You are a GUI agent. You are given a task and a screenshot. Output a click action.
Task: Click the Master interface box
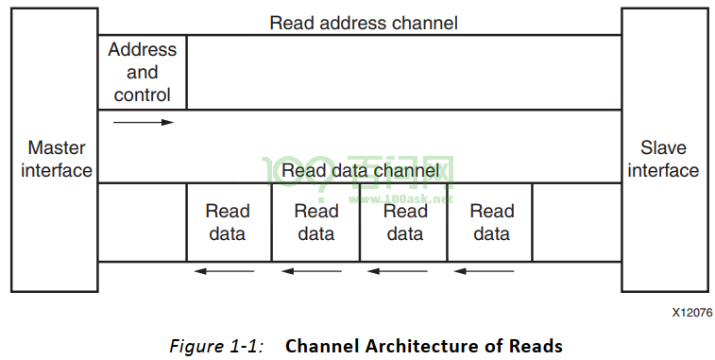(55, 149)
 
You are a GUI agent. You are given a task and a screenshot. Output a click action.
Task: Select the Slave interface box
(665, 149)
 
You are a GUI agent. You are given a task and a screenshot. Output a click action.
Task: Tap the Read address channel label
(364, 23)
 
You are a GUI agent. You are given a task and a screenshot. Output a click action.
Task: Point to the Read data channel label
(360, 171)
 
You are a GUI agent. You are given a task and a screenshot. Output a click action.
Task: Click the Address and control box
(143, 72)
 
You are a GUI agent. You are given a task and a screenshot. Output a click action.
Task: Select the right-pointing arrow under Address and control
(144, 122)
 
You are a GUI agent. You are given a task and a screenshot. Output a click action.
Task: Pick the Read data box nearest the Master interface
(229, 222)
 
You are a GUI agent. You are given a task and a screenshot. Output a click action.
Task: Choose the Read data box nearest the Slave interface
(490, 222)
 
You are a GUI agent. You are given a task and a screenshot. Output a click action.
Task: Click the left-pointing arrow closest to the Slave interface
(485, 271)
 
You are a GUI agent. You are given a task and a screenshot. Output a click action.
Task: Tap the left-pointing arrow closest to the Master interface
(225, 271)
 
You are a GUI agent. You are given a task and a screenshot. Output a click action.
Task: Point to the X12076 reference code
(691, 313)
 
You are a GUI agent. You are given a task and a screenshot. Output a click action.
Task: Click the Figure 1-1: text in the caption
(216, 346)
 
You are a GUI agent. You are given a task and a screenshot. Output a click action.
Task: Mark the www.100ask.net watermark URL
(400, 199)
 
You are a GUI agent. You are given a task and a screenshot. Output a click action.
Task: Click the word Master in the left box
(57, 147)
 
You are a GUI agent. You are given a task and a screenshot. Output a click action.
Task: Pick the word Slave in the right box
(663, 147)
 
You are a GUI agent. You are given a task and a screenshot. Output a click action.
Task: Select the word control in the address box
(142, 94)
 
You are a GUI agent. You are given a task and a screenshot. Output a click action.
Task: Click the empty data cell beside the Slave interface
(577, 222)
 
